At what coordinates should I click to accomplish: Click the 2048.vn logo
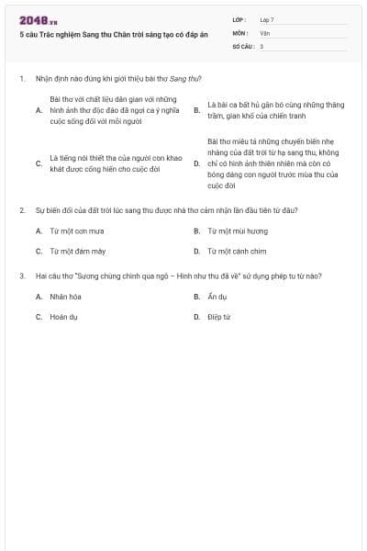(x=39, y=19)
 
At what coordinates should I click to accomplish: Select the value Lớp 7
(x=267, y=19)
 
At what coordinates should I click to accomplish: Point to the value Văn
(x=264, y=32)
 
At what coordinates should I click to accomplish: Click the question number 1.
(x=21, y=79)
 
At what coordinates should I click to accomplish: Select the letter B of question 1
(x=196, y=109)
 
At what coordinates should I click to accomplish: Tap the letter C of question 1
(x=39, y=163)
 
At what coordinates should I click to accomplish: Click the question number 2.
(x=21, y=210)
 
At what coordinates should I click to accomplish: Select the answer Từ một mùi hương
(x=238, y=231)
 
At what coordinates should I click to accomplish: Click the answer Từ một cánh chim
(x=237, y=251)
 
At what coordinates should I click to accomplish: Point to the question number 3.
(x=21, y=275)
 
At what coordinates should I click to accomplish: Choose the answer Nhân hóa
(x=66, y=297)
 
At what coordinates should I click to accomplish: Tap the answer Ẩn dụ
(x=217, y=297)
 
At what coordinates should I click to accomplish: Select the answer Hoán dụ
(x=64, y=317)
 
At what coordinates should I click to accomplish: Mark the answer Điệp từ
(x=218, y=317)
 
